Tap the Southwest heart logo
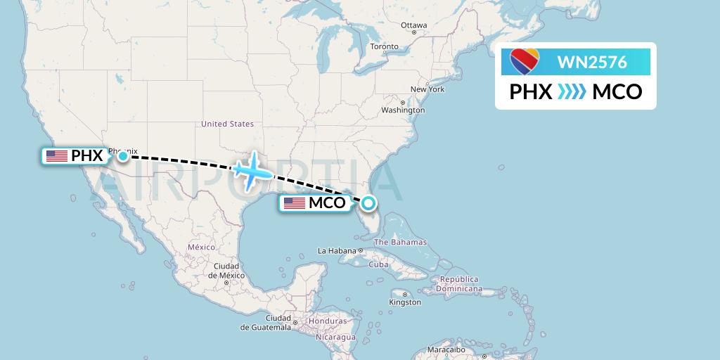pos(525,62)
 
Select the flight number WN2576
pos(592,62)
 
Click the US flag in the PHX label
pos(57,156)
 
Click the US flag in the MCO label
pos(295,204)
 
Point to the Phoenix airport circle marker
pos(123,155)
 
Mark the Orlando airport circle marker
pos(368,204)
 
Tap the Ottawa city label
pos(413,25)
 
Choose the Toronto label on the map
pos(384,46)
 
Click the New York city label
pos(427,89)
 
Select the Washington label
pos(403,110)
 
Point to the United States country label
pos(227,124)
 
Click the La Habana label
pos(337,250)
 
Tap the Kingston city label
pos(406,302)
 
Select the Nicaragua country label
pos(335,337)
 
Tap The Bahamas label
pos(400,242)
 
